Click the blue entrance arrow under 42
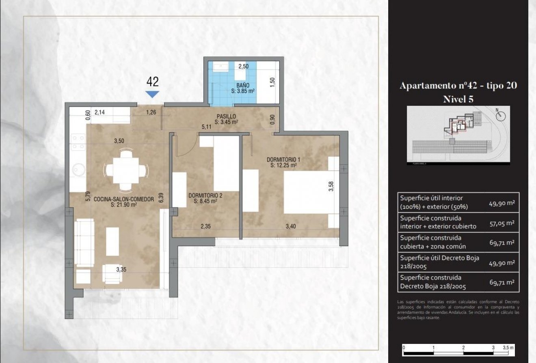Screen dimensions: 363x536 pos(152,94)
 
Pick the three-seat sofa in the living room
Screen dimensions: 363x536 pos(84,242)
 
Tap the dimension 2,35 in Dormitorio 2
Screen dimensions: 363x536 pos(205,227)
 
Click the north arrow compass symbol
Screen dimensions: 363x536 pos(501,116)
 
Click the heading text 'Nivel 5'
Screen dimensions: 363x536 pos(458,99)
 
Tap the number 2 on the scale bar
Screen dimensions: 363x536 pos(463,348)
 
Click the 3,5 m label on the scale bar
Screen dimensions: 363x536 pos(508,348)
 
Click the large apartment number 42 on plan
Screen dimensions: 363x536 pos(152,82)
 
